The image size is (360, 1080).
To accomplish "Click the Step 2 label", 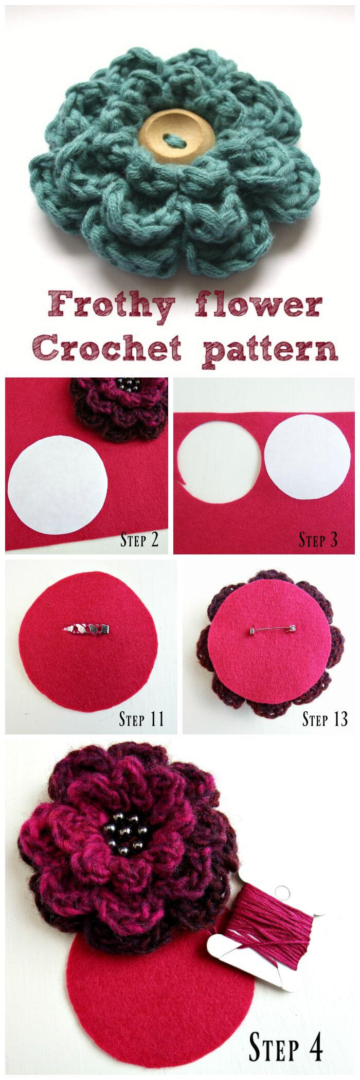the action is pyautogui.click(x=139, y=540).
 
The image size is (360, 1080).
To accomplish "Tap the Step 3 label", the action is pyautogui.click(x=318, y=540).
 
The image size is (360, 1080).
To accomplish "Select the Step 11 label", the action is pyautogui.click(x=141, y=718).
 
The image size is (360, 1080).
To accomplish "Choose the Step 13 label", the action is pyautogui.click(x=325, y=718).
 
